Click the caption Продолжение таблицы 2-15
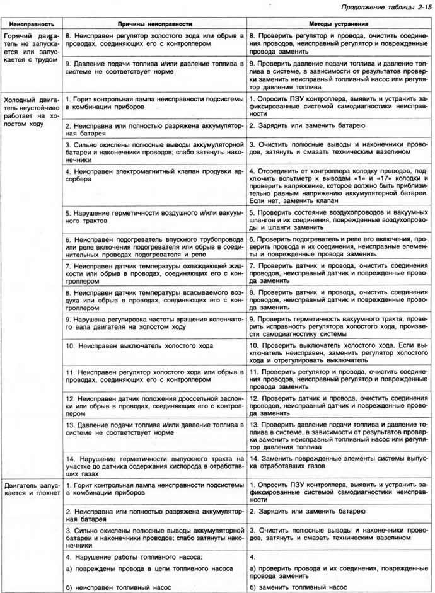[385, 8]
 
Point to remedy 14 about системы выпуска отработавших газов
[339, 462]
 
